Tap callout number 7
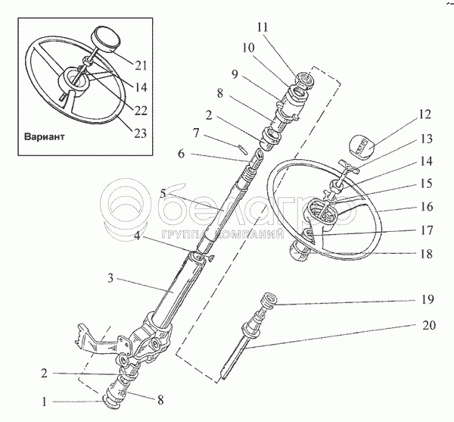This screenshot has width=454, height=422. click(195, 132)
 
